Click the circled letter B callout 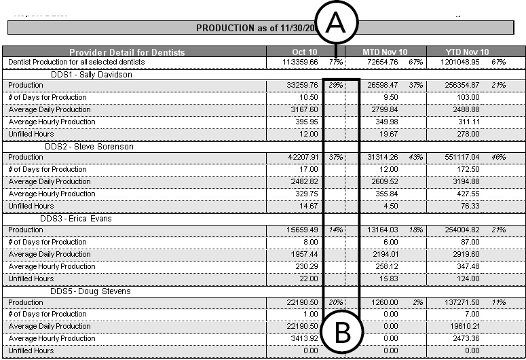tap(342, 333)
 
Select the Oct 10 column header tap(305, 52)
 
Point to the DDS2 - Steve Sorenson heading tap(89, 147)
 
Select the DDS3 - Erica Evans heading tap(76, 219)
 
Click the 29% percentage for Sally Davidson tap(335, 86)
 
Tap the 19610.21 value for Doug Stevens tap(465, 326)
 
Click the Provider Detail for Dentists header tap(127, 52)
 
